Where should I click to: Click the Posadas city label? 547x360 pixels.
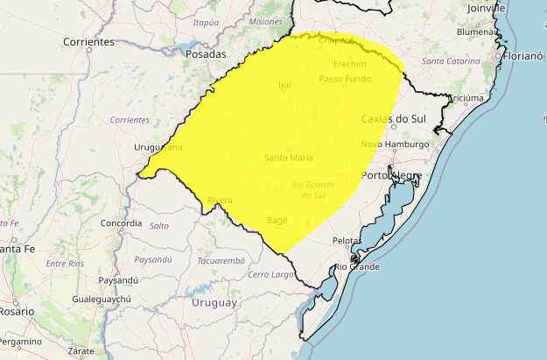(x=207, y=54)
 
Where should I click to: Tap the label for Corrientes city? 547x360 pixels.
(x=89, y=42)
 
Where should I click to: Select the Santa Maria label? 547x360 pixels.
(x=288, y=158)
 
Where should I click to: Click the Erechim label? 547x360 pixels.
(x=350, y=65)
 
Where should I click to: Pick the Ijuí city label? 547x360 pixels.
(x=283, y=85)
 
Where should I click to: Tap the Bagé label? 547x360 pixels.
(x=277, y=220)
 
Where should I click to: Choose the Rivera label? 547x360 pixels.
(x=220, y=201)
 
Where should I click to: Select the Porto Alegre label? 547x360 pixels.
(x=392, y=175)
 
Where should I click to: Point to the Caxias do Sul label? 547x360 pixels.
(x=393, y=118)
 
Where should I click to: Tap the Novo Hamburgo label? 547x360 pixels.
(x=395, y=145)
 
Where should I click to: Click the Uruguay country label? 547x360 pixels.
(x=214, y=302)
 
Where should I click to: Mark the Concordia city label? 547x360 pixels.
(x=121, y=223)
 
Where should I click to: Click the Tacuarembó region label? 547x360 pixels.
(x=221, y=260)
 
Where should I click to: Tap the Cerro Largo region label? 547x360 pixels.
(x=270, y=275)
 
